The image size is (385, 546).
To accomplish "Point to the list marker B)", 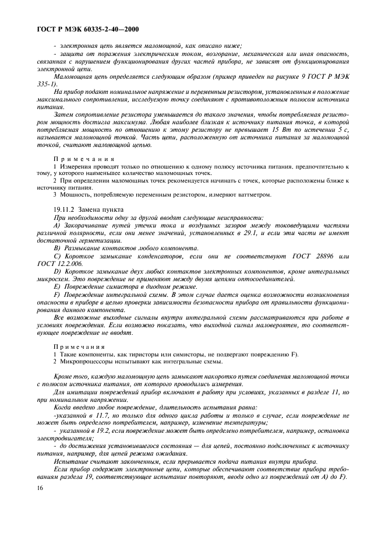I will click(x=56, y=248).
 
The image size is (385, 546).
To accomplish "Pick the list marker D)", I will click(x=56, y=271).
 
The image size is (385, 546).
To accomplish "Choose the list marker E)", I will click(x=56, y=287).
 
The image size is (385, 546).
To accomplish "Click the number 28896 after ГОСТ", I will click(x=315, y=256).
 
